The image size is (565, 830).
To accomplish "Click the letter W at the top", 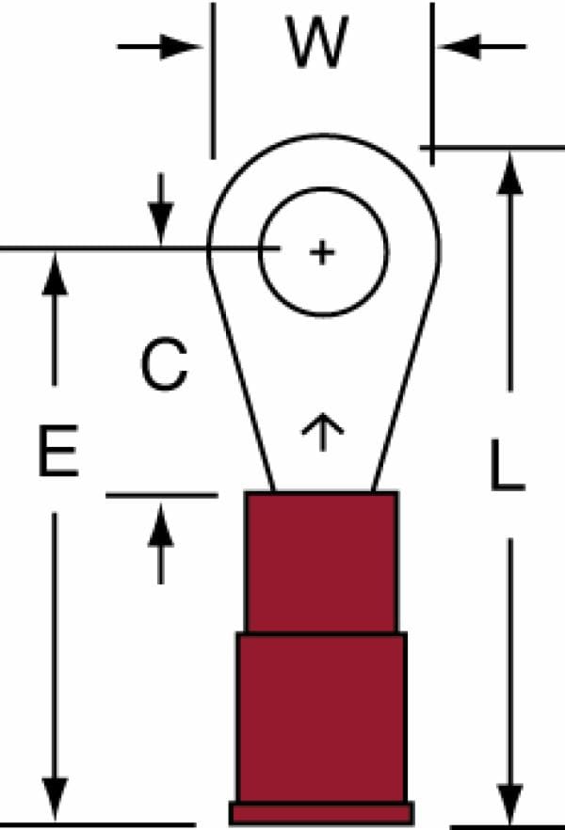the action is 316,42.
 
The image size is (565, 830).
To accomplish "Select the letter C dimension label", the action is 164,364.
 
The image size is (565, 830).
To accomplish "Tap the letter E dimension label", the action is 58,450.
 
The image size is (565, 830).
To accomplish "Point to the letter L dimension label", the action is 507,464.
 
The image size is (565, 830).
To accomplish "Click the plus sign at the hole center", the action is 322,252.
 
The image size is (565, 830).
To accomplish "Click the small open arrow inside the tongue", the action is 322,432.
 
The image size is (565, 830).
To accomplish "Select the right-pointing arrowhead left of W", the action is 180,47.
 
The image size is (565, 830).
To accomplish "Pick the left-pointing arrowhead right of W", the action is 460,47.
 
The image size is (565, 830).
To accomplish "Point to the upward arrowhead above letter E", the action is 55,274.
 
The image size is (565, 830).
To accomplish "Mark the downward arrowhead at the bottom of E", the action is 55,798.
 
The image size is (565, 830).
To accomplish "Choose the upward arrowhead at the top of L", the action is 510,174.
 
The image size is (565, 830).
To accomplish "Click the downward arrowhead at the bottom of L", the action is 510,804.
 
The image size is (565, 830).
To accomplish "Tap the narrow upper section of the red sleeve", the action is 322,562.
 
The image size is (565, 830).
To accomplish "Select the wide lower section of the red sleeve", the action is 322,717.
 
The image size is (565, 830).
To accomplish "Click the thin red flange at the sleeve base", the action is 322,813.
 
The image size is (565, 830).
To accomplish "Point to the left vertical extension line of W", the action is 213,81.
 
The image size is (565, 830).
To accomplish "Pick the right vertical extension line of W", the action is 432,84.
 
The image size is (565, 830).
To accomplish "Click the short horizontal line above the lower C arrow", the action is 162,495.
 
